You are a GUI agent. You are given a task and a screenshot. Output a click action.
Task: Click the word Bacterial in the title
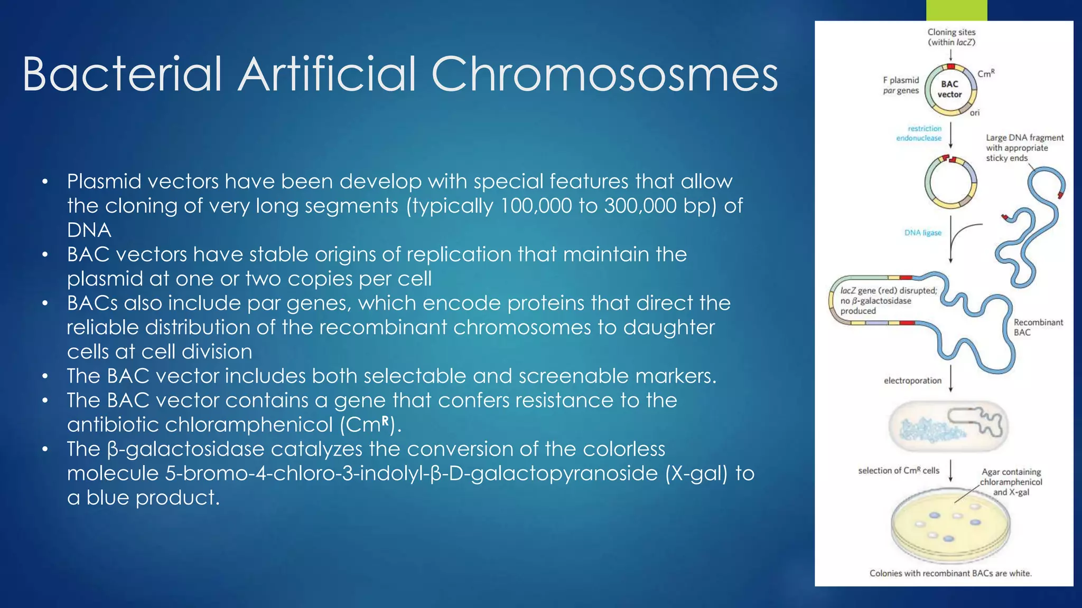pos(122,74)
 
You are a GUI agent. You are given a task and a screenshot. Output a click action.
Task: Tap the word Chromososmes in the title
pos(604,74)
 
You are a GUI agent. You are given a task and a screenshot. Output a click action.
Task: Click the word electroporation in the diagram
pos(912,381)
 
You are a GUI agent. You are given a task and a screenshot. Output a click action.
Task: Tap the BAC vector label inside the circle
pos(949,89)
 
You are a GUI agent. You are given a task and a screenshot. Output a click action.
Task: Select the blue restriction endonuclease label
pos(919,133)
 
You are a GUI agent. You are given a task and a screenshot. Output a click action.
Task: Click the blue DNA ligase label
pos(922,233)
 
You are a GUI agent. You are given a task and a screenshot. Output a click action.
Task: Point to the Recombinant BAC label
pos(1038,327)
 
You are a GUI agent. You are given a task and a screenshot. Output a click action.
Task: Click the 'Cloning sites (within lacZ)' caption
pos(952,37)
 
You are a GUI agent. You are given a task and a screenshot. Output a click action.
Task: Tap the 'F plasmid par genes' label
pos(901,85)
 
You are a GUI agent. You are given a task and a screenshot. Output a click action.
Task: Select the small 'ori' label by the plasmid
pos(975,112)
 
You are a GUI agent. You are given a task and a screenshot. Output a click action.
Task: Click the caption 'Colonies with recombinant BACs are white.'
pos(950,573)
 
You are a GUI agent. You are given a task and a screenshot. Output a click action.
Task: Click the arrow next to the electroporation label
pos(950,378)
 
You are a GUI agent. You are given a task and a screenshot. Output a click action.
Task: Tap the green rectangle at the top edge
pos(956,10)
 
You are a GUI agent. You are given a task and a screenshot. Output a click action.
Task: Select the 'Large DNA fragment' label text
pos(1024,138)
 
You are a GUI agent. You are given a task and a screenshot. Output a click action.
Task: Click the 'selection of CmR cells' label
pos(899,470)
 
